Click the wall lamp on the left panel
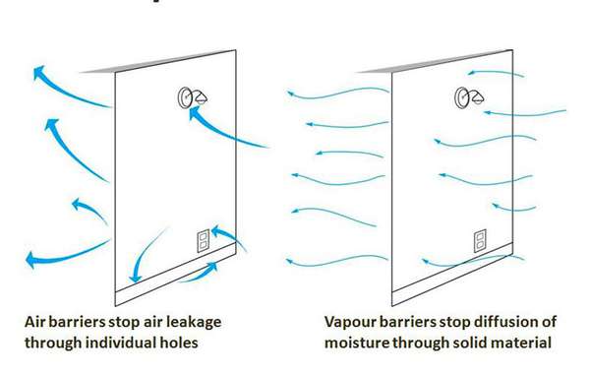click(x=187, y=97)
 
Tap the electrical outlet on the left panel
click(x=204, y=242)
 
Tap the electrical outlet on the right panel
click(x=480, y=240)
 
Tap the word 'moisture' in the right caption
click(x=361, y=343)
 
